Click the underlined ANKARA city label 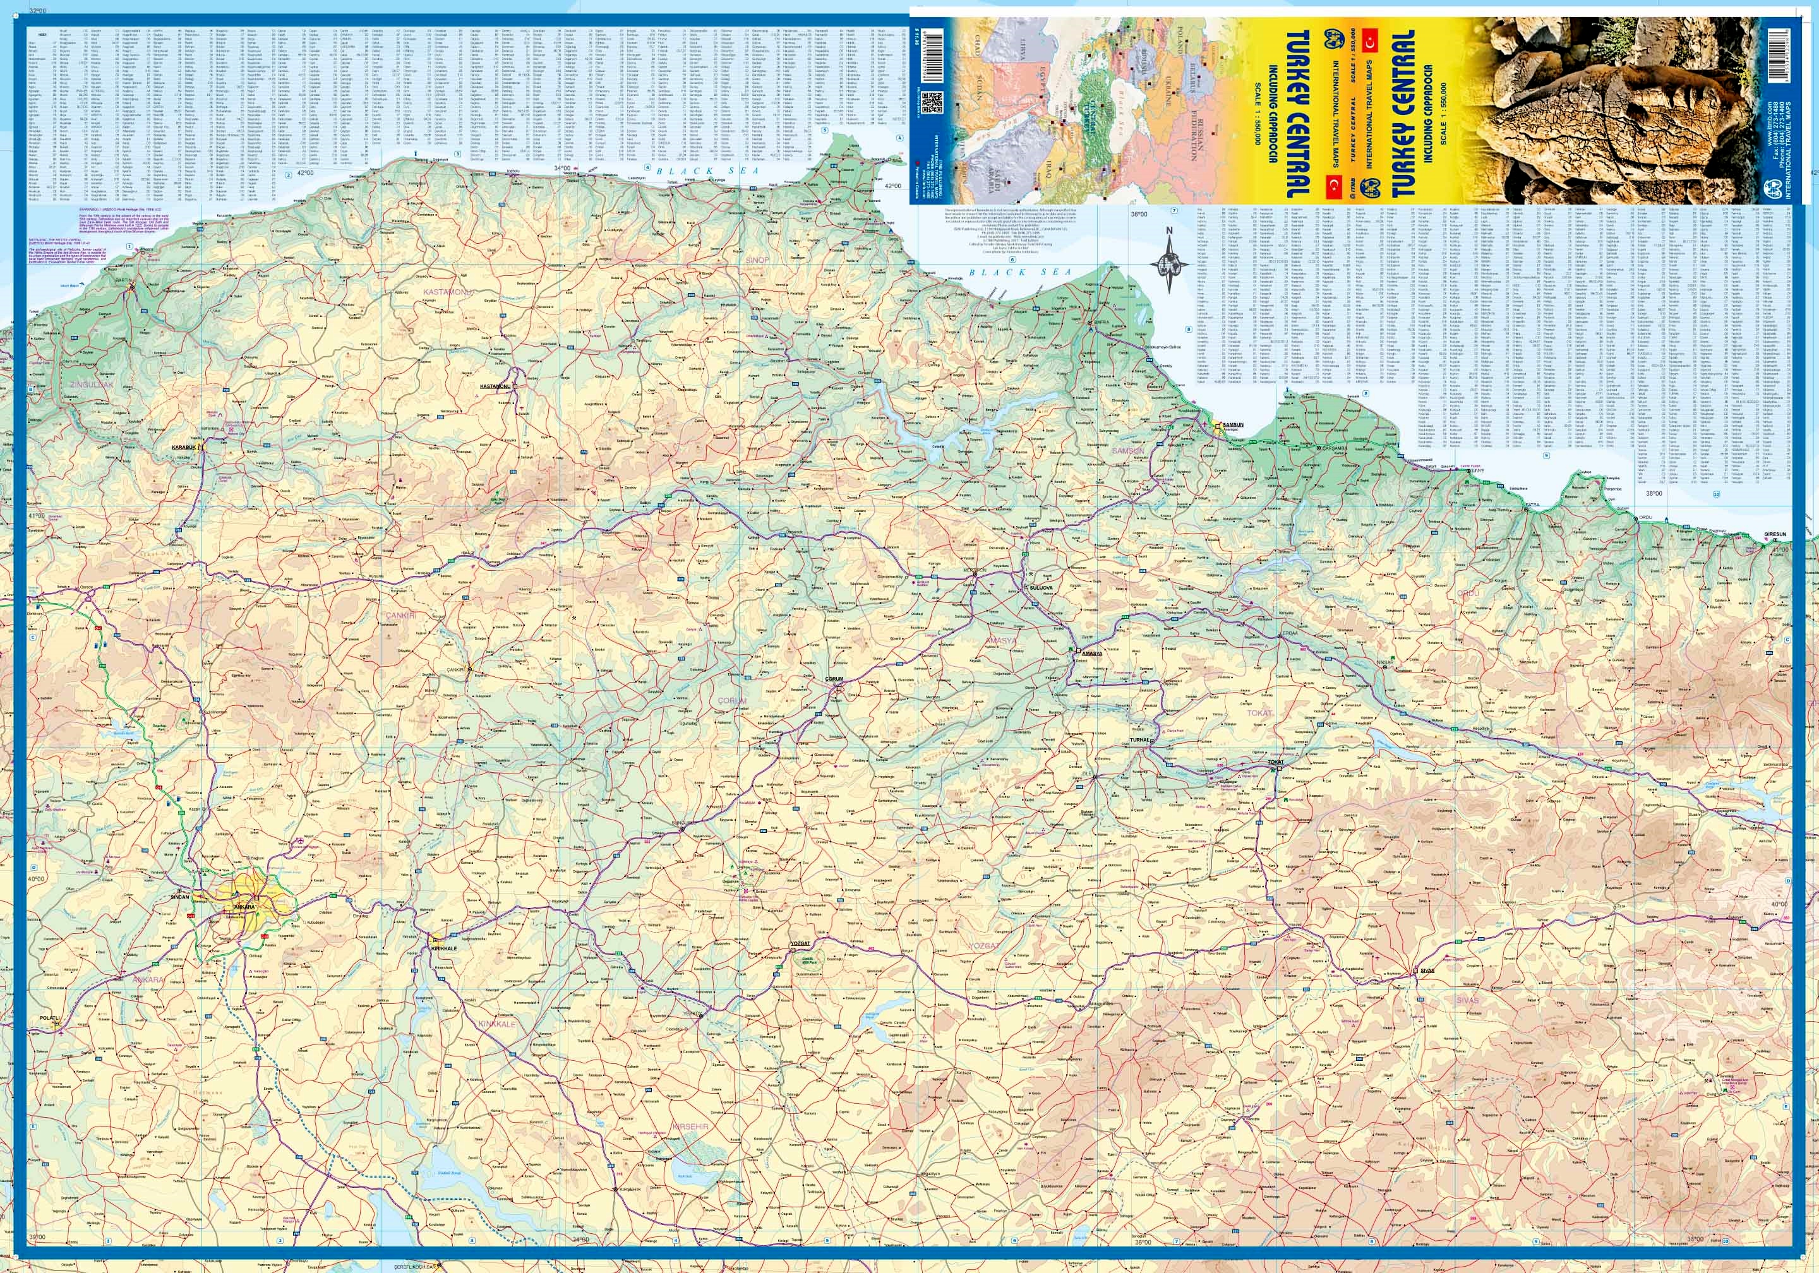tap(243, 905)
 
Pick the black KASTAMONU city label tap(495, 386)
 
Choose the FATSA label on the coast tap(1532, 504)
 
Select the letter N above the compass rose tap(1168, 231)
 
